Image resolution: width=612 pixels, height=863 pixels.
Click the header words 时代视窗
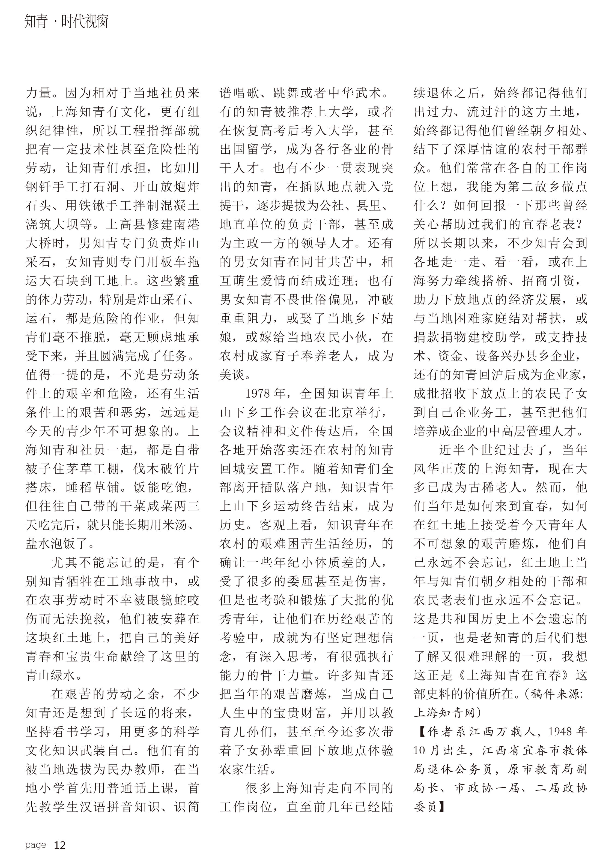tap(85, 22)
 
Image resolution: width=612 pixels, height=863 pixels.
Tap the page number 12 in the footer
tap(60, 845)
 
